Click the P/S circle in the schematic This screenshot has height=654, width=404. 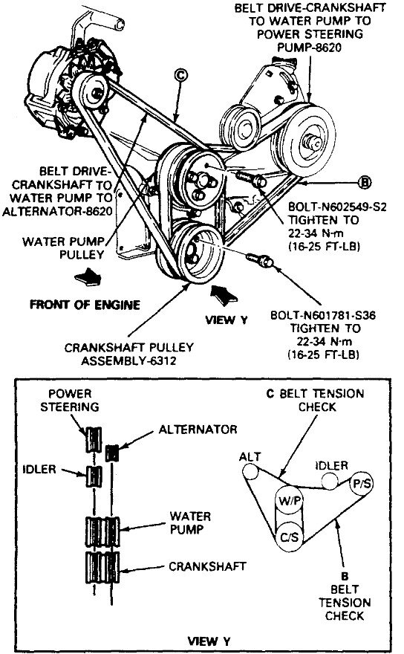click(x=364, y=483)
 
